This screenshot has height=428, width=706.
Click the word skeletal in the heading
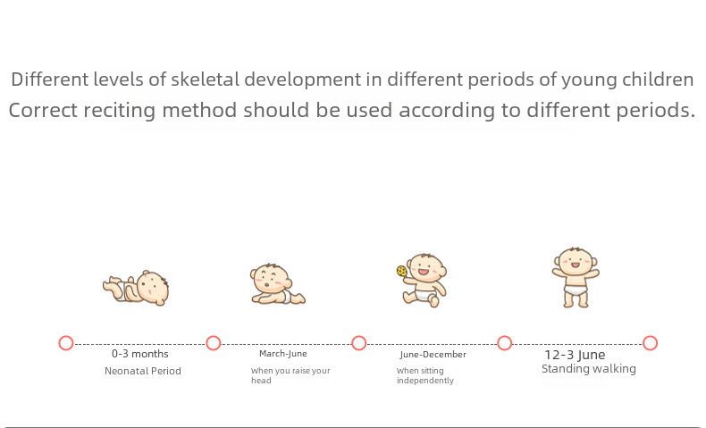click(x=205, y=80)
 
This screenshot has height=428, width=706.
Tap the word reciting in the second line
click(x=121, y=110)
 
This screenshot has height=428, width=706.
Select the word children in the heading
click(x=658, y=80)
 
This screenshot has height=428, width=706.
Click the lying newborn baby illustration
click(x=136, y=288)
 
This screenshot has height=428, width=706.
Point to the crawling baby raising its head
click(x=277, y=284)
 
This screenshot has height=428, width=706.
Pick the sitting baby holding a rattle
click(x=422, y=280)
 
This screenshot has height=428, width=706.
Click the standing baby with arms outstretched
click(x=576, y=277)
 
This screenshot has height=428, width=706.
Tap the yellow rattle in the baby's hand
click(x=401, y=271)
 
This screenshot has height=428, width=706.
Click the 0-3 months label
click(x=140, y=354)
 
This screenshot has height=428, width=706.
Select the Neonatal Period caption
click(x=143, y=371)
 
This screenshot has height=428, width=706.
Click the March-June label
click(x=283, y=354)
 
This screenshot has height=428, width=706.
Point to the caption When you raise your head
click(x=290, y=375)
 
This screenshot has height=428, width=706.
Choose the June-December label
click(x=433, y=355)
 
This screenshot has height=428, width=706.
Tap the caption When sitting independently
click(x=425, y=375)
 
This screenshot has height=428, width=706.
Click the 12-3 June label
click(x=575, y=355)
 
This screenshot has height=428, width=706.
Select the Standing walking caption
click(x=589, y=369)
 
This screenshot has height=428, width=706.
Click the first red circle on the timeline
click(x=66, y=343)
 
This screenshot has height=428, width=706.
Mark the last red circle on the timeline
click(x=651, y=343)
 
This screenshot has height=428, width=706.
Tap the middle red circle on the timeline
click(x=359, y=343)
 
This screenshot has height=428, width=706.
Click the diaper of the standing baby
click(x=576, y=290)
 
